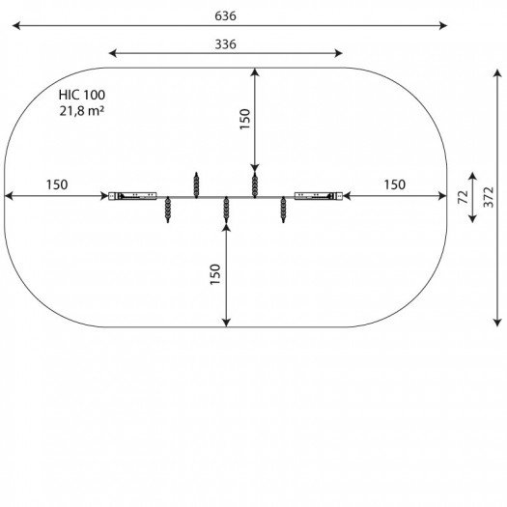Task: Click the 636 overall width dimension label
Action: pos(225,15)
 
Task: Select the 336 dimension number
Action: pos(225,44)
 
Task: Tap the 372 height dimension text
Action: pos(489,197)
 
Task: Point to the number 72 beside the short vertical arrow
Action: pos(463,197)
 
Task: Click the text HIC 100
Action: pos(82,95)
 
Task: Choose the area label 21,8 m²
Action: pos(82,111)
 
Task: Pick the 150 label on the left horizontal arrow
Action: pos(57,184)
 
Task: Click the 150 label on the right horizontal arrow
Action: pos(394,184)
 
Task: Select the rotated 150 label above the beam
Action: pos(244,119)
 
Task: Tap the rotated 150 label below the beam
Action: pos(215,274)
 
